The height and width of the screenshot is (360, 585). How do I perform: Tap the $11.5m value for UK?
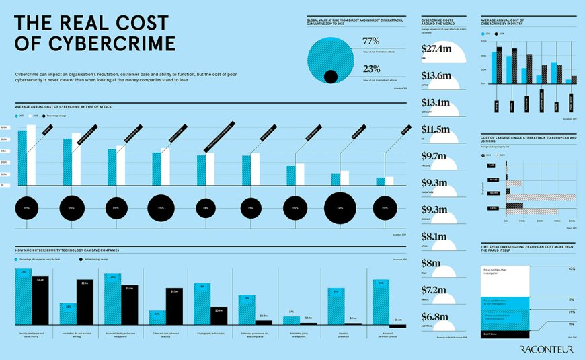435,129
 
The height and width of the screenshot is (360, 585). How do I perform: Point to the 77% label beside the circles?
371,41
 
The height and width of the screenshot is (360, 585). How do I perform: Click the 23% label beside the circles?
371,68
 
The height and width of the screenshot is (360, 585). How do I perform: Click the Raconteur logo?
547,349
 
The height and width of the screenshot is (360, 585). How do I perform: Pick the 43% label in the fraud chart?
572,269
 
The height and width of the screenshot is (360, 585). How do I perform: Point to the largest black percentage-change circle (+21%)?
340,209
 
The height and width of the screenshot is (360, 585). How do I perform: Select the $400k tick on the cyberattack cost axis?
572,220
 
